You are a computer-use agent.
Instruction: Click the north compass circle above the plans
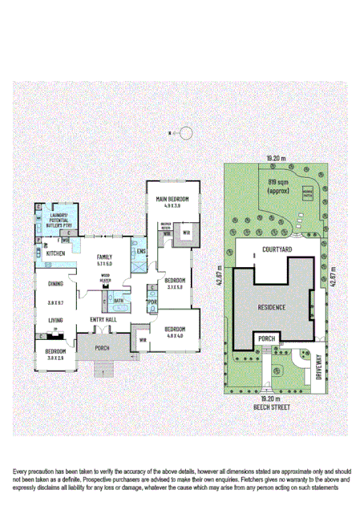pos(185,133)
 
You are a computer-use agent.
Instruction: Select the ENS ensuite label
pos(140,253)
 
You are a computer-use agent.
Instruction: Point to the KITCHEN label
pos(55,253)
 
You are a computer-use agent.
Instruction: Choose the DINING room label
pos(55,283)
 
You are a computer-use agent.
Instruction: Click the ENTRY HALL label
pos(104,320)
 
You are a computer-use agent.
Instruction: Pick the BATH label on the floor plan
pos(118,301)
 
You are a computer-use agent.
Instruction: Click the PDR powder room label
pos(151,302)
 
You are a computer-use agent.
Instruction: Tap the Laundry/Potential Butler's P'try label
pos(59,221)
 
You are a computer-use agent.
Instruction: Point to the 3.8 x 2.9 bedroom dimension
pos(55,358)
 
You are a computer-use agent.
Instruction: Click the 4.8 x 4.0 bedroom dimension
pos(176,335)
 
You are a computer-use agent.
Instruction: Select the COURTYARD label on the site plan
pos(276,250)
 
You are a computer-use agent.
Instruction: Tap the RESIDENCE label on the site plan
pos(273,307)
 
